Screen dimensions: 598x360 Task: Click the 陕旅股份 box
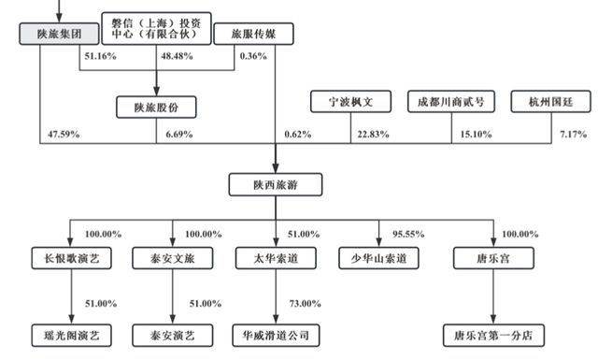pyautogui.click(x=156, y=108)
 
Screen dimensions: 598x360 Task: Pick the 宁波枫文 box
pyautogui.click(x=349, y=102)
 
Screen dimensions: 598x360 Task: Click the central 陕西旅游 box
pyautogui.click(x=275, y=183)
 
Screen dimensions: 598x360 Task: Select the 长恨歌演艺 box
pyautogui.click(x=68, y=257)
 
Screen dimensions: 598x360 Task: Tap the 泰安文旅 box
pyautogui.click(x=171, y=257)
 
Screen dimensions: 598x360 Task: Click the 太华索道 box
pyautogui.click(x=275, y=257)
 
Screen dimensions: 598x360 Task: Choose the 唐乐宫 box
pyautogui.click(x=483, y=257)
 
